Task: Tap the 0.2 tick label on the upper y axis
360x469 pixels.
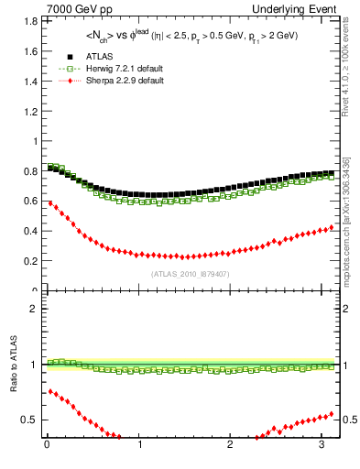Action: pos(31,261)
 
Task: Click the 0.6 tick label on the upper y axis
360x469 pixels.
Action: pos(31,202)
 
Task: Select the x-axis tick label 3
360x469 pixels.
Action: pos(322,446)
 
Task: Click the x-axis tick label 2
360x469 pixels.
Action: pos(231,446)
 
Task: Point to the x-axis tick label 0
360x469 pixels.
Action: pos(47,446)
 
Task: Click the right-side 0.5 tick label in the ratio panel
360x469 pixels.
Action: pos(350,420)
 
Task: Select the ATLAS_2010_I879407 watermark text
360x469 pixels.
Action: pos(191,274)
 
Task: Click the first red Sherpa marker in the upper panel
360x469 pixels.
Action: pos(49,202)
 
